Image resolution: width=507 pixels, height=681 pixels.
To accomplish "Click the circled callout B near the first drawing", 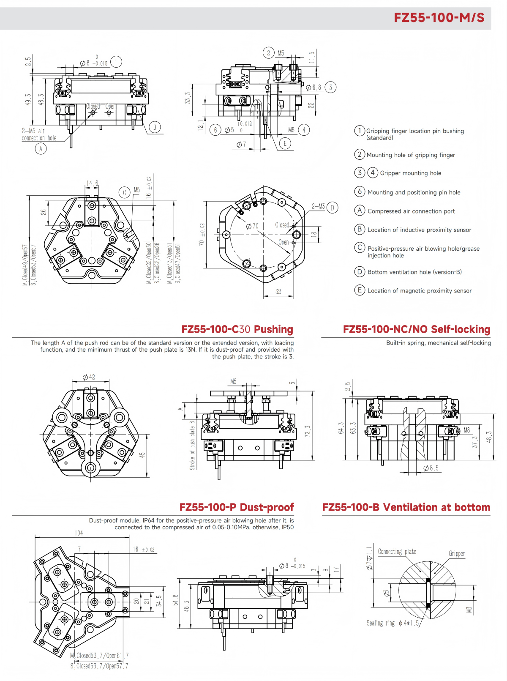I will (x=155, y=127).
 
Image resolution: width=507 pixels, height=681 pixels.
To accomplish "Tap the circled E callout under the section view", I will (x=285, y=143).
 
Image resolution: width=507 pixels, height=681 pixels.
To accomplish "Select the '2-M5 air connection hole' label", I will (x=39, y=134).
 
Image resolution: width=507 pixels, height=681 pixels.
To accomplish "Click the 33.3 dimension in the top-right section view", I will (x=188, y=98).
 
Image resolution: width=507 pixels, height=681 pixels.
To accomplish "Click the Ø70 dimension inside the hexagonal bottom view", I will (x=252, y=226).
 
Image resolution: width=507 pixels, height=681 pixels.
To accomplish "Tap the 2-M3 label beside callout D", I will (x=318, y=207).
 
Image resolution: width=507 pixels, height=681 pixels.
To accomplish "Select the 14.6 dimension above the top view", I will (x=92, y=183).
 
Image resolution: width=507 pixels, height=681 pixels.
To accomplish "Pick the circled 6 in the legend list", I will (x=360, y=191).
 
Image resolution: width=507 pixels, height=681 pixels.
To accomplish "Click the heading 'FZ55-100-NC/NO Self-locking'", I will (x=416, y=329).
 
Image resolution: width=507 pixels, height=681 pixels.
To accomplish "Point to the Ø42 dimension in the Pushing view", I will (x=89, y=377).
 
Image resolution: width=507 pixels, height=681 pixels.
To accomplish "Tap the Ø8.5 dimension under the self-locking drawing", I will (x=431, y=468).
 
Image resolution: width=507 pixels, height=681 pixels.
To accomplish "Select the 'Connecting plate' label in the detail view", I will (x=397, y=552).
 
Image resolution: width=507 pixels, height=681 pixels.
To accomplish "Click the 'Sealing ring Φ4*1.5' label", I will (x=393, y=623).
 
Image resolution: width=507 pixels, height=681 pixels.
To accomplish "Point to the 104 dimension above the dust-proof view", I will (x=79, y=533).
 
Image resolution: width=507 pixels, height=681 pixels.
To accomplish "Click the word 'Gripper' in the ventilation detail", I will (x=456, y=554).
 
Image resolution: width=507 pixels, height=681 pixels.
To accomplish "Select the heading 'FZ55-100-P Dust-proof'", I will (x=237, y=507).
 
